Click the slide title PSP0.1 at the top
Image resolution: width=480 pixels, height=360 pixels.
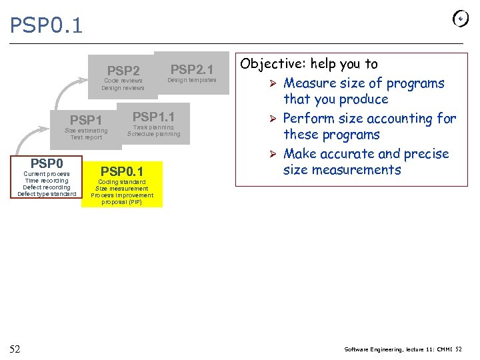[x=46, y=25]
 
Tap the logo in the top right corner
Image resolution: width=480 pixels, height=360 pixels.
[x=460, y=19]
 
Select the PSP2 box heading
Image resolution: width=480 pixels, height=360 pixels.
[x=123, y=71]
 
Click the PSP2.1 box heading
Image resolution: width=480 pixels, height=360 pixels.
[x=191, y=69]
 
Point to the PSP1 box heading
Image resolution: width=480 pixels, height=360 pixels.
[x=85, y=120]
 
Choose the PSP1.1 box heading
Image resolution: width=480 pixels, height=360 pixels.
[x=153, y=117]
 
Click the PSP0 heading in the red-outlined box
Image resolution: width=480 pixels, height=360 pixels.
[x=47, y=163]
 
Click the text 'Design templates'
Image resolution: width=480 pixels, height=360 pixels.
[x=191, y=80]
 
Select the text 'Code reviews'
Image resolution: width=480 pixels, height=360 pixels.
[x=123, y=81]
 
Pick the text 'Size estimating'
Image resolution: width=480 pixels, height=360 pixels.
[x=85, y=131]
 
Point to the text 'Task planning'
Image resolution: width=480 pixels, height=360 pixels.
[x=153, y=127]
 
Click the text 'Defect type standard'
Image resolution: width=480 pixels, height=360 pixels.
[x=47, y=194]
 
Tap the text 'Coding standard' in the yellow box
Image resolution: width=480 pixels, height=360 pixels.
[x=122, y=182]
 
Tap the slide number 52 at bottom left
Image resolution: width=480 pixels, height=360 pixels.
[x=15, y=349]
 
